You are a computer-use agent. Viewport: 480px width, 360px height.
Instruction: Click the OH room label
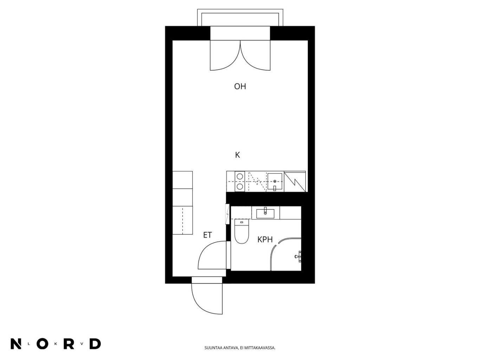(x=240, y=86)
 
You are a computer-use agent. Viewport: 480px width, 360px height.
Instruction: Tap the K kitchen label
(x=238, y=155)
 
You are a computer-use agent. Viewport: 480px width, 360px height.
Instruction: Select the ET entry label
(x=208, y=235)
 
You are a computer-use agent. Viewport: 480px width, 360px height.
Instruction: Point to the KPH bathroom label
(x=265, y=240)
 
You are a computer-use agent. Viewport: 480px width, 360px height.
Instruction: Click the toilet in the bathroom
(x=242, y=231)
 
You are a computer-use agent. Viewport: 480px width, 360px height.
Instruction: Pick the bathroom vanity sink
(x=265, y=213)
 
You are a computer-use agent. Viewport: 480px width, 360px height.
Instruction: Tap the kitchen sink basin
(x=275, y=182)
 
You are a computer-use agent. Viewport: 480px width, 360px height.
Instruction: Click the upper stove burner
(x=240, y=176)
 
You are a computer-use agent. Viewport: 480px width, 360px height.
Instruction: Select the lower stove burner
(x=240, y=186)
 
